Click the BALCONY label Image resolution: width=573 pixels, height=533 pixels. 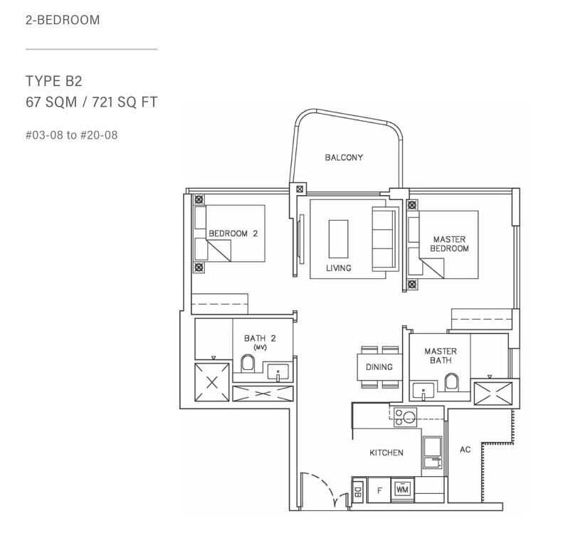[344, 157]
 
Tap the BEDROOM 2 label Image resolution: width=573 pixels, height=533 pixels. [233, 233]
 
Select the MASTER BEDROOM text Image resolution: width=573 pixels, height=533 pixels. [449, 243]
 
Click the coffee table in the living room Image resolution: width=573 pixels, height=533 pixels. [338, 239]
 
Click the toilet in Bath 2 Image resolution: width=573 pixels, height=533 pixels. [248, 364]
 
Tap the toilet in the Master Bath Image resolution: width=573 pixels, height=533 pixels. [451, 382]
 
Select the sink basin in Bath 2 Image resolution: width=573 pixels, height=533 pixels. [278, 372]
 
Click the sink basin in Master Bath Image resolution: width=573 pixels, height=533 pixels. [424, 390]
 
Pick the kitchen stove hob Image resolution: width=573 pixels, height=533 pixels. [405, 417]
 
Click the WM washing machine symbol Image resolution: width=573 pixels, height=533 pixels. [402, 489]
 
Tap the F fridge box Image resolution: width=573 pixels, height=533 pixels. [379, 490]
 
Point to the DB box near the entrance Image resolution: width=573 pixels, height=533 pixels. [358, 490]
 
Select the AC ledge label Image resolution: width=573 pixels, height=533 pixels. [465, 450]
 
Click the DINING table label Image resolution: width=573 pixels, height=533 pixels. [379, 366]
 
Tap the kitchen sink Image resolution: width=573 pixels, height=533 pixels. [433, 453]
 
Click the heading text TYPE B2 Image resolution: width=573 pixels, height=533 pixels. [53, 81]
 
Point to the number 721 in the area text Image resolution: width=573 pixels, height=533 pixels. [102, 102]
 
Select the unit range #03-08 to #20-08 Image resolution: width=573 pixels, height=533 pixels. [72, 135]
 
